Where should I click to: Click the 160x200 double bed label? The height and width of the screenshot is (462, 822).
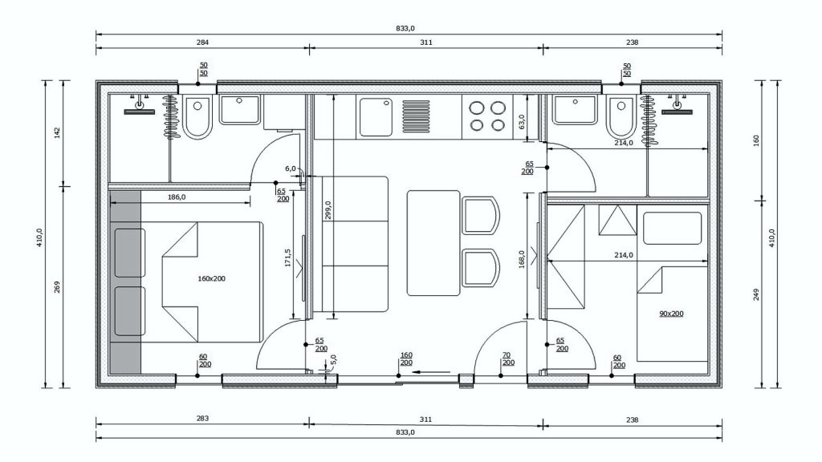[211, 278]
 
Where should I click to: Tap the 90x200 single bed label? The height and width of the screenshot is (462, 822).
[671, 314]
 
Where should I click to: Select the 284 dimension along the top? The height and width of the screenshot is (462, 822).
[202, 43]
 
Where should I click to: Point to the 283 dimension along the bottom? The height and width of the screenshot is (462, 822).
[202, 418]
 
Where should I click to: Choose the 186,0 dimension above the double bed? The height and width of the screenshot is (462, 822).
[177, 197]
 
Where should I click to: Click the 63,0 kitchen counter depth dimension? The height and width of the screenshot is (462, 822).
[521, 122]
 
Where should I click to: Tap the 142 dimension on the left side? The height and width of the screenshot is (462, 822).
[57, 133]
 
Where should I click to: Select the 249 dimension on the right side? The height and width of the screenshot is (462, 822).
[756, 294]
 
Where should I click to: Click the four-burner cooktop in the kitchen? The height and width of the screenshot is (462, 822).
[487, 116]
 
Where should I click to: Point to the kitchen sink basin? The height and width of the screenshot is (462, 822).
[376, 116]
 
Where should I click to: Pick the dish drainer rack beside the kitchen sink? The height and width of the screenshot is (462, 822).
[416, 116]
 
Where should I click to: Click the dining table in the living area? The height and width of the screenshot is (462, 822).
[433, 243]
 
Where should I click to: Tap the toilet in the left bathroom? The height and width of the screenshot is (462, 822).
[197, 116]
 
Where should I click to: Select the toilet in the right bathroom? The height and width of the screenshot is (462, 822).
[621, 116]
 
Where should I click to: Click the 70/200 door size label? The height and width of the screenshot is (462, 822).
[507, 359]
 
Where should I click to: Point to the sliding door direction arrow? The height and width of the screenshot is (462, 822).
[431, 372]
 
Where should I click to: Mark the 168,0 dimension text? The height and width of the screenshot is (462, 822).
[522, 258]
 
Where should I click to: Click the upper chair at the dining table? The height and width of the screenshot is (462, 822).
[481, 215]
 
